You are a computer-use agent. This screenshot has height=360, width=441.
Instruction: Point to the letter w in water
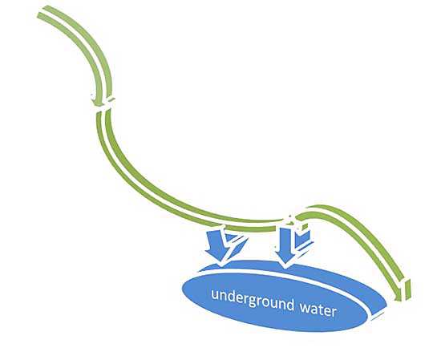click(305, 308)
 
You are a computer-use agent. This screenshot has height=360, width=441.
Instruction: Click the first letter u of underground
click(215, 295)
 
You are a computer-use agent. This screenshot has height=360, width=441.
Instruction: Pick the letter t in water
click(322, 309)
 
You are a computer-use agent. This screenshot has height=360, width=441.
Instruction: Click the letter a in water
click(315, 309)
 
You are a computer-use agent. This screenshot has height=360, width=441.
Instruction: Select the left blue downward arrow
click(220, 245)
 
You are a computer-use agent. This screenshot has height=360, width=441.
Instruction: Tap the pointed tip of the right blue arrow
click(286, 268)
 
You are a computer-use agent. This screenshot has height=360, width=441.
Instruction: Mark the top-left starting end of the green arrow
click(42, 12)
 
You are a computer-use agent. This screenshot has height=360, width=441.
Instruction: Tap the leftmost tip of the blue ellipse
click(183, 289)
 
